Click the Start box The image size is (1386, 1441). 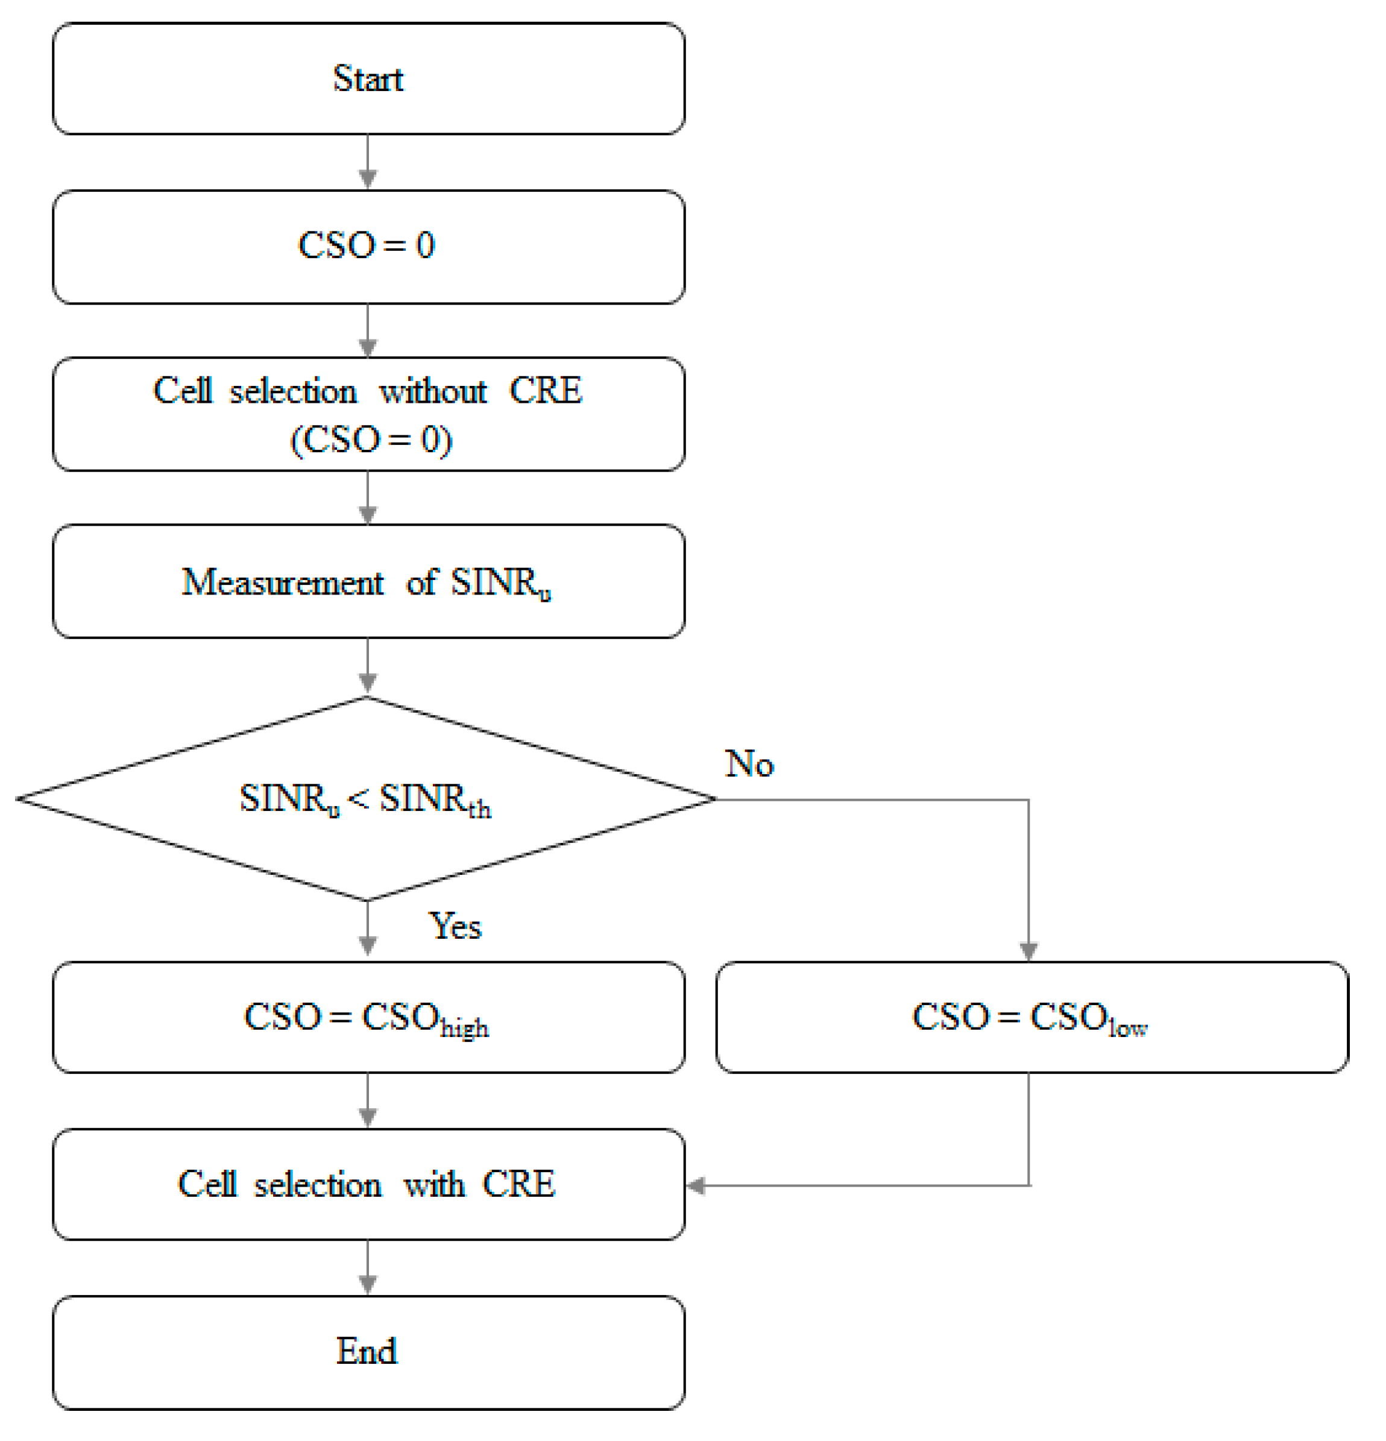[x=368, y=78]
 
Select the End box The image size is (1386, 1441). [x=368, y=1351]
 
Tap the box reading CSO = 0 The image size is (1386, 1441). [x=368, y=246]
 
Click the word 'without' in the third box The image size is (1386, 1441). [x=433, y=390]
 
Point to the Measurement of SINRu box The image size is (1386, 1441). [x=368, y=582]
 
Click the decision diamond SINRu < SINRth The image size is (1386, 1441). [x=365, y=798]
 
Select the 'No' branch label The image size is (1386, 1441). [x=749, y=764]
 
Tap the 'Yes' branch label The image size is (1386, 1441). [x=455, y=925]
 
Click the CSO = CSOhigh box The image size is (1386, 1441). [x=368, y=1018]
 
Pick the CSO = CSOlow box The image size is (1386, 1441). [x=1031, y=1018]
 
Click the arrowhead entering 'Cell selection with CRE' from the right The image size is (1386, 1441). [x=695, y=1185]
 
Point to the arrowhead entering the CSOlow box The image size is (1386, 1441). [x=1028, y=951]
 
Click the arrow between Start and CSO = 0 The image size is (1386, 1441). [x=368, y=162]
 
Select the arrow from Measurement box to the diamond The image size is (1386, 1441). [x=368, y=666]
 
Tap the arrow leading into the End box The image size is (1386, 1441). [x=368, y=1267]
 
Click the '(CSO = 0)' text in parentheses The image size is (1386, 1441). [x=371, y=440]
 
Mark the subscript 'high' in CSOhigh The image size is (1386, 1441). [x=464, y=1028]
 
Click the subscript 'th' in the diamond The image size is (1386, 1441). [x=479, y=810]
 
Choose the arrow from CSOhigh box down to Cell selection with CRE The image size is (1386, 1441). [x=368, y=1100]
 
